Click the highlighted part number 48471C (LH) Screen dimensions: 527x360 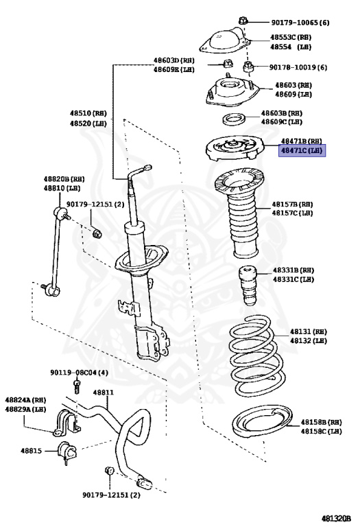point(301,150)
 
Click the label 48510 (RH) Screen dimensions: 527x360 point(88,113)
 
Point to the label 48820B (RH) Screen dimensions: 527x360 point(64,178)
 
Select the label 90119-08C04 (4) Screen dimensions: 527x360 point(79,373)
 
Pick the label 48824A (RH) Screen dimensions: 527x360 point(25,400)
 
